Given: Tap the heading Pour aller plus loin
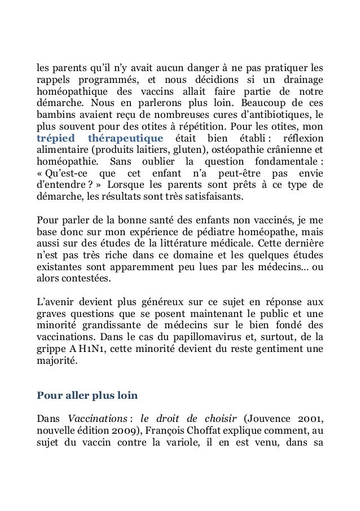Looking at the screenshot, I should [x=83, y=395].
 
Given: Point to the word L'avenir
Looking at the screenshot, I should [x=55, y=303].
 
